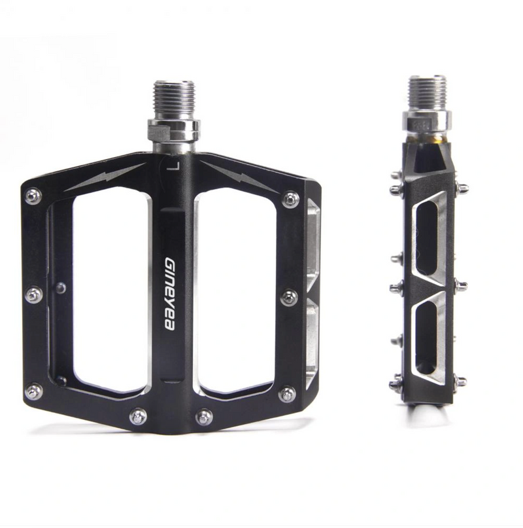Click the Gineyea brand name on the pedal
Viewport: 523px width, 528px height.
[x=169, y=293]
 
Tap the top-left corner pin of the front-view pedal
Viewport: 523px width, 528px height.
[x=33, y=196]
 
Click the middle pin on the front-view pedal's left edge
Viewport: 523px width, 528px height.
[x=33, y=295]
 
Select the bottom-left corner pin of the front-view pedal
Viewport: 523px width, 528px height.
[x=33, y=391]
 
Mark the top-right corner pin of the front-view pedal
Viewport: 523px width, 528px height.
[x=290, y=200]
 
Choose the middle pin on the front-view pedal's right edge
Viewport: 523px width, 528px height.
[x=289, y=298]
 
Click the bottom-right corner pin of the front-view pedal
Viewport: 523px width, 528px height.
[x=286, y=394]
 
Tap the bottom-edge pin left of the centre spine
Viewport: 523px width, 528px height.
[x=138, y=415]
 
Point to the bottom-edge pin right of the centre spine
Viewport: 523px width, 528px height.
[x=205, y=415]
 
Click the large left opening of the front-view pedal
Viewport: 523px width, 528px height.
[x=108, y=291]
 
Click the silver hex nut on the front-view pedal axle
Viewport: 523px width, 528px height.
[x=173, y=128]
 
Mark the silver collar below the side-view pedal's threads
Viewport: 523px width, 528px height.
[x=427, y=120]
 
